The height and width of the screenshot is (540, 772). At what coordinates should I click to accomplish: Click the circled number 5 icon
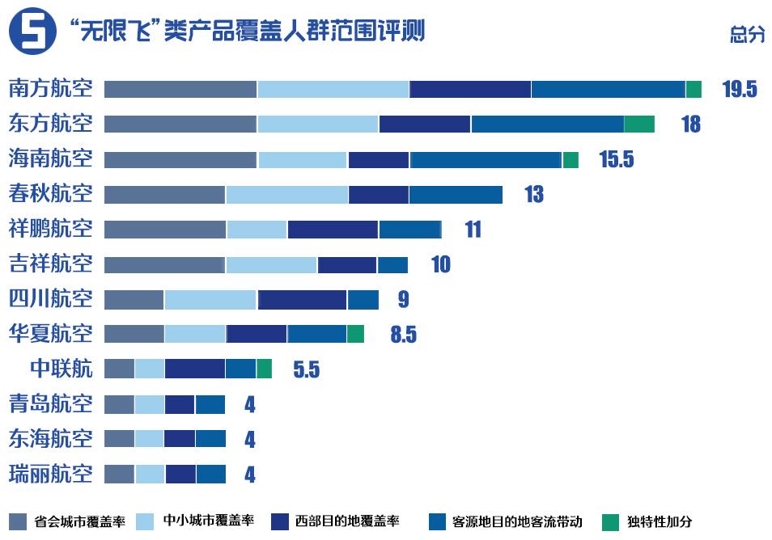[x=32, y=33]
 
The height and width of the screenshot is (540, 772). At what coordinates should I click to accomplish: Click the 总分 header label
[x=746, y=35]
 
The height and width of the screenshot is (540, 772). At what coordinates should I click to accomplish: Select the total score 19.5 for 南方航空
[x=739, y=89]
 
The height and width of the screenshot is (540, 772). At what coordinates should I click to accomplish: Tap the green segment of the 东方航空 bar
[x=639, y=124]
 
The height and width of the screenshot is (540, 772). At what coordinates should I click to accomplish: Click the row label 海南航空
[x=50, y=158]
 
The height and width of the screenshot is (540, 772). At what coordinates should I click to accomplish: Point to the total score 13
[x=533, y=195]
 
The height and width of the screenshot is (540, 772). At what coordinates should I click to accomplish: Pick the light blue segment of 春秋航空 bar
[x=286, y=195]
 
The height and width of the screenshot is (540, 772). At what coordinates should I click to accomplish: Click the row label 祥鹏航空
[x=50, y=229]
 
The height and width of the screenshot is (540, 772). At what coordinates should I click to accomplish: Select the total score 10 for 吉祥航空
[x=440, y=264]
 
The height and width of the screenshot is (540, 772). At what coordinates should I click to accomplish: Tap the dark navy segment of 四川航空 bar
[x=302, y=299]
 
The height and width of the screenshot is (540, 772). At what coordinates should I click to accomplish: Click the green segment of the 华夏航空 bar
[x=355, y=334]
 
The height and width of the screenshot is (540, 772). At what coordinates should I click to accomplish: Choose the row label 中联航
[x=61, y=369]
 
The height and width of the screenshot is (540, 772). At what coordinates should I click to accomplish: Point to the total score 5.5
[x=306, y=370]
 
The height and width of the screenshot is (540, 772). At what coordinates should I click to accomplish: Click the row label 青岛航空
[x=50, y=403]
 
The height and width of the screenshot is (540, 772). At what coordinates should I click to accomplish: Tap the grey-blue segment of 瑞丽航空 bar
[x=119, y=474]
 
